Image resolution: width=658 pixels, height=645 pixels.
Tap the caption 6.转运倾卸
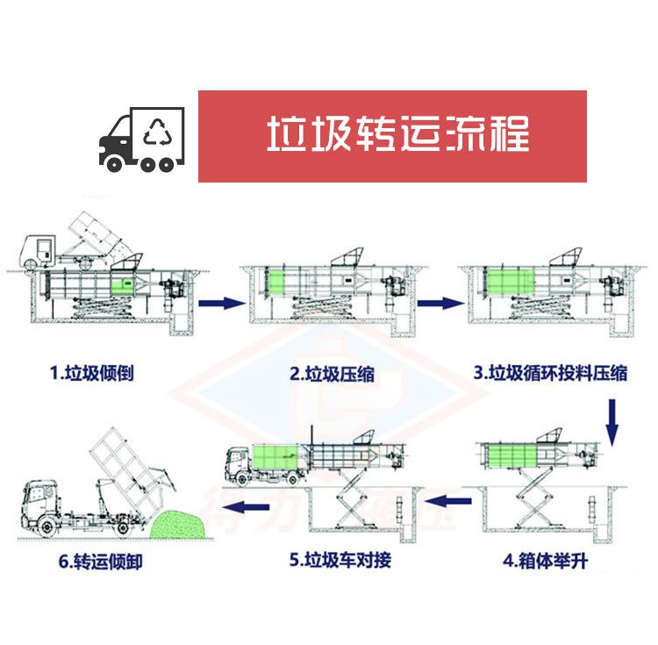click(x=103, y=559)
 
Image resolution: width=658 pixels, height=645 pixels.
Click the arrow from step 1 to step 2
click(x=219, y=303)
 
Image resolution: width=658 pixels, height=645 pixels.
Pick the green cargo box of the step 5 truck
click(x=276, y=462)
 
